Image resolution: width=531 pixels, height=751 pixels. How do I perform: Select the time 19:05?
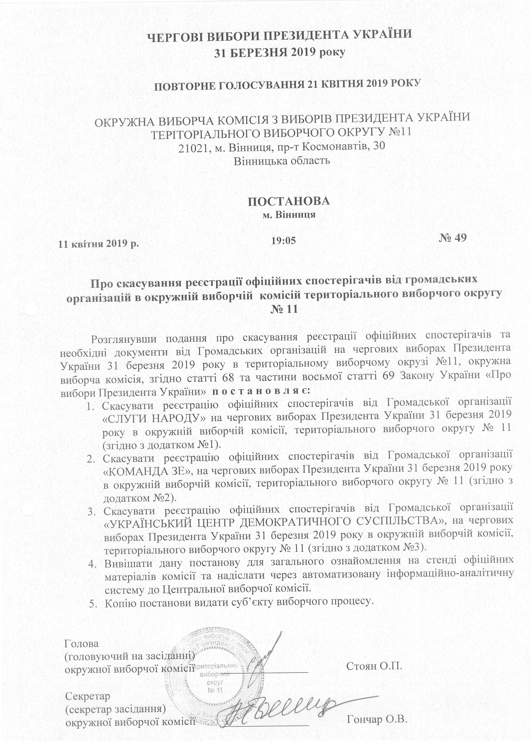[x=283, y=241]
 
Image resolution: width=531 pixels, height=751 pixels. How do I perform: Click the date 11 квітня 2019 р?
[x=99, y=244]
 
